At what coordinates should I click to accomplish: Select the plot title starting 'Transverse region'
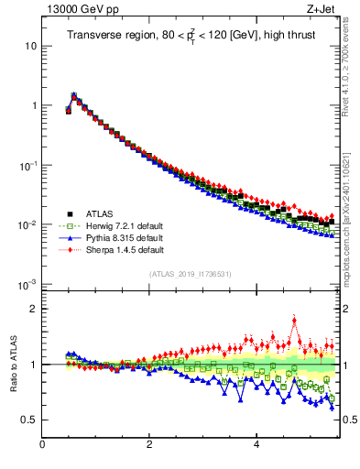[x=191, y=36]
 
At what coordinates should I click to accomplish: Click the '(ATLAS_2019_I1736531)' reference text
[x=191, y=274]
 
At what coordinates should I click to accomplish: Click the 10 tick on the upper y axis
[x=32, y=46]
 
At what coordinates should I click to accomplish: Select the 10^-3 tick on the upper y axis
[x=29, y=285]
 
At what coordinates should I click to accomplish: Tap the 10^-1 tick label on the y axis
[x=29, y=166]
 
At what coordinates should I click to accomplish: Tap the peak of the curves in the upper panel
[x=73, y=94]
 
